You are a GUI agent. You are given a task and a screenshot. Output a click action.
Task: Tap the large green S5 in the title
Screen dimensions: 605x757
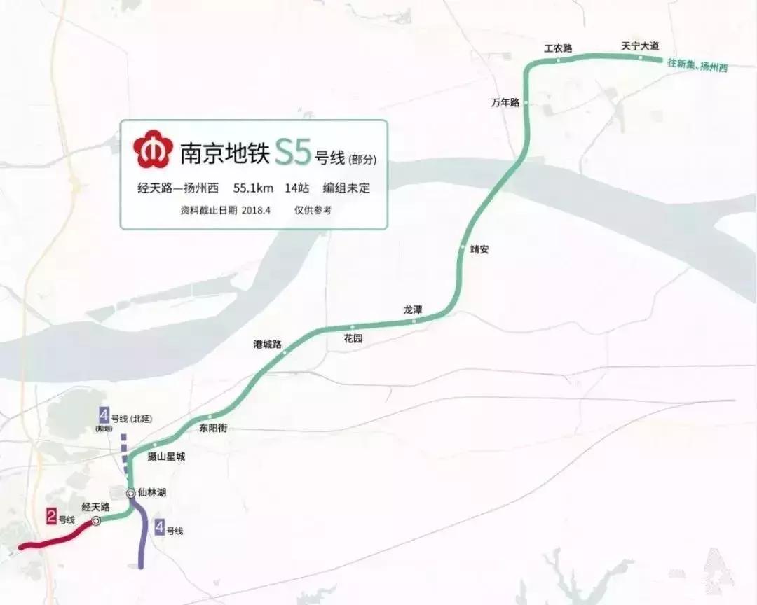coord(292,152)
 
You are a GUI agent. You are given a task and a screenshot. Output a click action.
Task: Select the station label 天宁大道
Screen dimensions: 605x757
coord(640,46)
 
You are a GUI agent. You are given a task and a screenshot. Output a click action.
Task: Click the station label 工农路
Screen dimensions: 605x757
coord(559,48)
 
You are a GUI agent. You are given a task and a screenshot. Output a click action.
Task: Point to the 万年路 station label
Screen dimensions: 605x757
coord(505,103)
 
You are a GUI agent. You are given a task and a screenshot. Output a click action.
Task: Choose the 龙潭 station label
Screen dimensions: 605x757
coord(413,309)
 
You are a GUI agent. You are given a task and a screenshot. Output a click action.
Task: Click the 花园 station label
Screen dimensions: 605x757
coord(353,338)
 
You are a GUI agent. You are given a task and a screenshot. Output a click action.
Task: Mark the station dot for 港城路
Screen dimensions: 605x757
coord(285,352)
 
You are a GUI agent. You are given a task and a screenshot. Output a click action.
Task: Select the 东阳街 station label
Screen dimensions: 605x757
coord(213,428)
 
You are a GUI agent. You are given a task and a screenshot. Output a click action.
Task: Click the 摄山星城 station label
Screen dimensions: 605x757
coord(165,457)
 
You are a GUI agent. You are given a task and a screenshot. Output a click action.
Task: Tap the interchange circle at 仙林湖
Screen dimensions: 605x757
coord(131,494)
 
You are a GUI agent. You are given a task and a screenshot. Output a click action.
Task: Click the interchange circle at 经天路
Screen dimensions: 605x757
coord(96,521)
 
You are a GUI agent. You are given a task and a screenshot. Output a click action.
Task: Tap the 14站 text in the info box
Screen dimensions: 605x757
coord(296,188)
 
